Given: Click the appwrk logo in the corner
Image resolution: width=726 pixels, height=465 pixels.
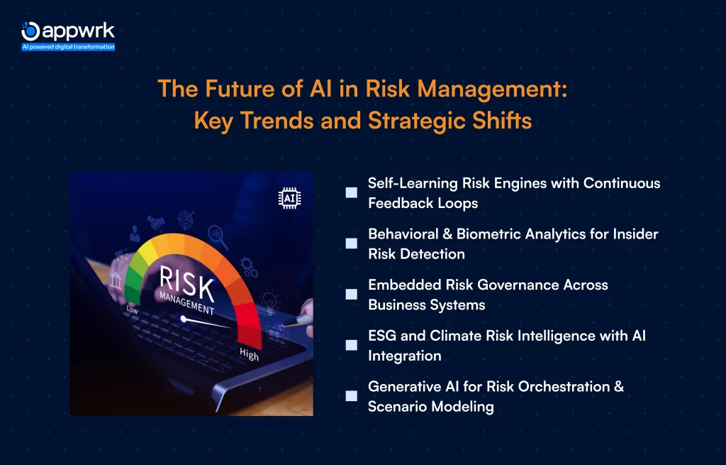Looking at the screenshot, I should point(67,31).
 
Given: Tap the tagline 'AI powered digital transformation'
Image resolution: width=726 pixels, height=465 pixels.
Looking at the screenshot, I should point(68,47).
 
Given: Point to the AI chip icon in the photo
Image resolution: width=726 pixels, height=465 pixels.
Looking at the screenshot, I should point(289,199).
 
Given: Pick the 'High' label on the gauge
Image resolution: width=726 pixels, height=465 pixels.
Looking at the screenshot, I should point(249,353).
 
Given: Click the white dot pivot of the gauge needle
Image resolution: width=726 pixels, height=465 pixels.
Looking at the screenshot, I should point(184,319).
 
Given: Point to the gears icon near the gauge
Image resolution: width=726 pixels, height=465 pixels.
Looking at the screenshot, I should point(249,266).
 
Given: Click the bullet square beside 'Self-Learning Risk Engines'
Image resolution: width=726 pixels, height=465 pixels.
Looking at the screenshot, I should point(351,192).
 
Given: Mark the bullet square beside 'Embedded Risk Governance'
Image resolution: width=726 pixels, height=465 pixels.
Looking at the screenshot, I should point(351,294).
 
